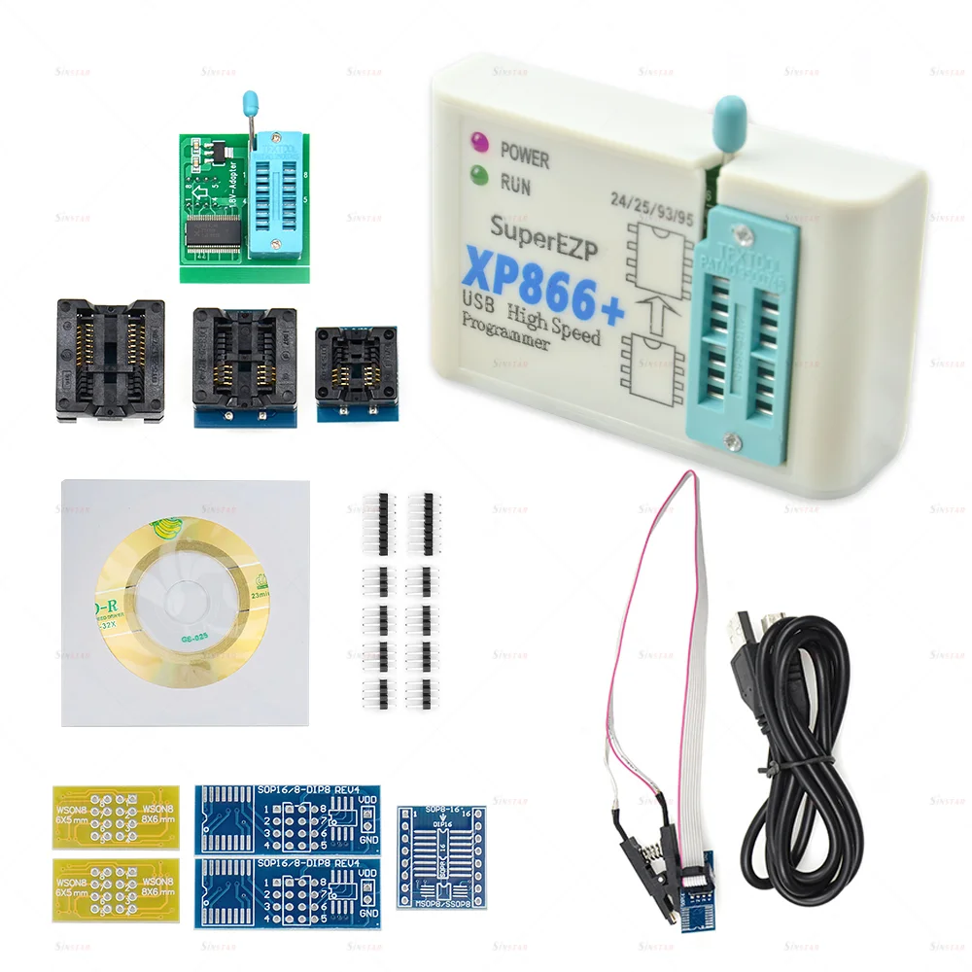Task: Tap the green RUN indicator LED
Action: (x=478, y=176)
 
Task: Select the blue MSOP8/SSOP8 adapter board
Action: (x=441, y=856)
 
